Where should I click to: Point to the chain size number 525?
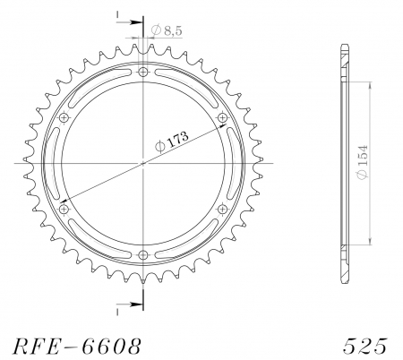point(364,345)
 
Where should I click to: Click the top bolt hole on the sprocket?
point(143,71)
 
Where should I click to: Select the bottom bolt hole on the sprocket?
point(143,254)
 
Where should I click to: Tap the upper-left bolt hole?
point(64,117)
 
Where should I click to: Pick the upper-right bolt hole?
point(223,117)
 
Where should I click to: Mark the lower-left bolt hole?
point(64,209)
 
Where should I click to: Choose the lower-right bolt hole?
point(223,209)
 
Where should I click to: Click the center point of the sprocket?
point(143,163)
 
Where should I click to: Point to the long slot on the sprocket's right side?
point(233,163)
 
